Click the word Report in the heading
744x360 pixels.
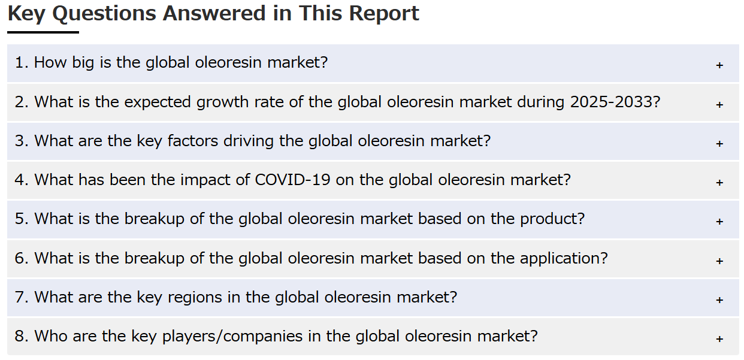tap(384, 14)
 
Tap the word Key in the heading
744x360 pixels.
tap(26, 14)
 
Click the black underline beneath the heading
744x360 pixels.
tap(43, 32)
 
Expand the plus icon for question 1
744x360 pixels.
tap(719, 65)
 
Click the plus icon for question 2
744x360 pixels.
tap(719, 105)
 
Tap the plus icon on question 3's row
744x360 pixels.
tap(719, 144)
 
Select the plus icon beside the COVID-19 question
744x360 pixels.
tap(719, 183)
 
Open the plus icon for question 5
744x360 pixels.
tap(719, 222)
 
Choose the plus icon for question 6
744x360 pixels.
tap(719, 261)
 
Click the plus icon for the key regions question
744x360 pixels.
tap(719, 300)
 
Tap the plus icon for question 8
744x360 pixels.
tap(719, 339)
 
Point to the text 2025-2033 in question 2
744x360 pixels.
tap(612, 102)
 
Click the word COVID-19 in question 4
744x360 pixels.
tap(292, 180)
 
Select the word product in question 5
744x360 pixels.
tap(552, 219)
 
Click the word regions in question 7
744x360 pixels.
tap(195, 297)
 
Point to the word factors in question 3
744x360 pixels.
tap(193, 141)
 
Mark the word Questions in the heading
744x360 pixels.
tap(104, 14)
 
